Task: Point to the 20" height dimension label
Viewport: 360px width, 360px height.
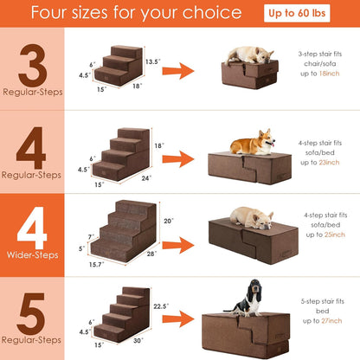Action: [167, 220]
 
